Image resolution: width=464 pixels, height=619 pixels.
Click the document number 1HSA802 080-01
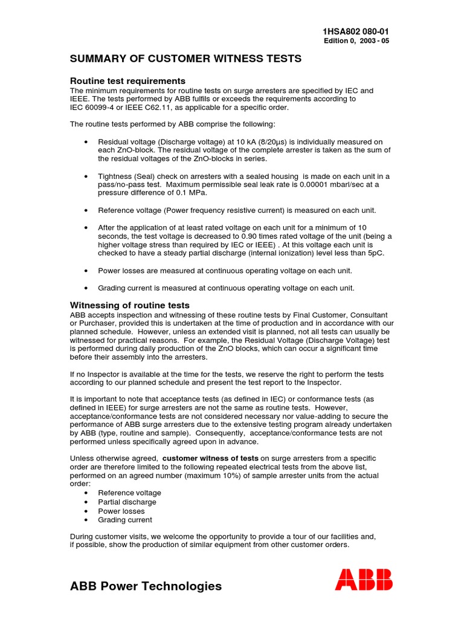(x=360, y=32)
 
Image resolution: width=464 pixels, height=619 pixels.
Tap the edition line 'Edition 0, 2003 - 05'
(x=361, y=41)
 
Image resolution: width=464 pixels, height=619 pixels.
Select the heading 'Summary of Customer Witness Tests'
(x=185, y=59)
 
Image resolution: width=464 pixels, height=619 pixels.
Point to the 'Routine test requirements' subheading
(x=127, y=80)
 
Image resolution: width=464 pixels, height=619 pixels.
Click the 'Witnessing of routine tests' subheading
(x=130, y=305)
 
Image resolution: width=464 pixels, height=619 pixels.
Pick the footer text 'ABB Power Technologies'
(x=146, y=586)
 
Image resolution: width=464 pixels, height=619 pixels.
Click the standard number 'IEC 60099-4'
(x=95, y=107)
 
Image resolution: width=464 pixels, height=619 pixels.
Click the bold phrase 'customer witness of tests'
(x=211, y=458)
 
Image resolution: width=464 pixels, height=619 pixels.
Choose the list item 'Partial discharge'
(x=127, y=502)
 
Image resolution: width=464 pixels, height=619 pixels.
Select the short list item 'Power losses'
(x=121, y=511)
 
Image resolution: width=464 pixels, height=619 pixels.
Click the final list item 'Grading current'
(x=125, y=520)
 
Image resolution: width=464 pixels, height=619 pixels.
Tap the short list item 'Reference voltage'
(x=129, y=493)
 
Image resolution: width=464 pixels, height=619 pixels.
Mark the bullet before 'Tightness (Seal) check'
(x=88, y=176)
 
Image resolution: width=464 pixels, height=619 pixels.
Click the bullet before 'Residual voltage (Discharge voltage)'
(x=88, y=141)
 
